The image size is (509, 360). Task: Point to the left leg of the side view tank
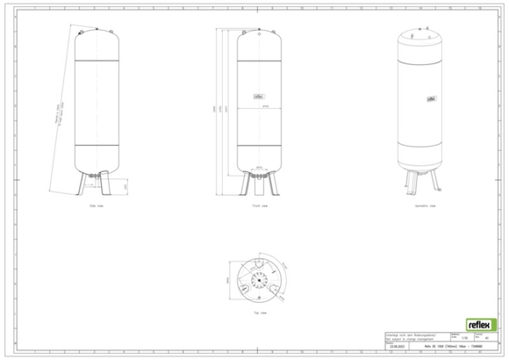[85, 185]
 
